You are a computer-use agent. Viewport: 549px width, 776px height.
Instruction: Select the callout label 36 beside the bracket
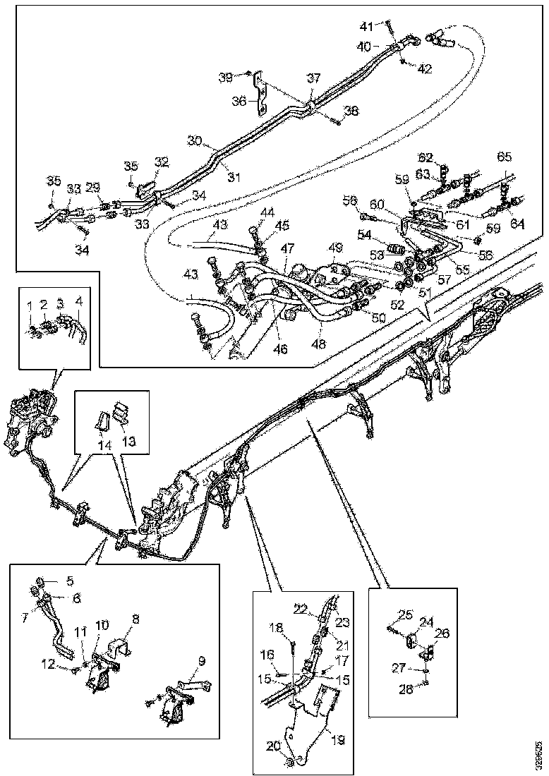click(x=240, y=101)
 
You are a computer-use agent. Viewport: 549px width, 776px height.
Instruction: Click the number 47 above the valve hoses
click(x=286, y=249)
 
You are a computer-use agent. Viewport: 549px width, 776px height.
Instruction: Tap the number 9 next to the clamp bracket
click(x=203, y=661)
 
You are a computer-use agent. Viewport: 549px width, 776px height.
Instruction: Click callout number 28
click(x=406, y=689)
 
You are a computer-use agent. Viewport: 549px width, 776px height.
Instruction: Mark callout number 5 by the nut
click(x=70, y=582)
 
